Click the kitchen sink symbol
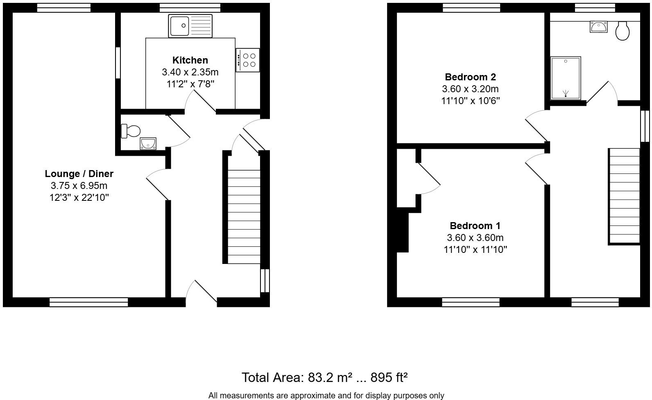tap(190, 26)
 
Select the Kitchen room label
tap(190, 60)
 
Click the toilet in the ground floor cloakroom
tap(131, 131)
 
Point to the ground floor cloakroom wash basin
tap(148, 143)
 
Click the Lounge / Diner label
tap(79, 174)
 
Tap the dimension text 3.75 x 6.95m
tap(79, 186)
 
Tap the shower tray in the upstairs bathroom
tap(566, 78)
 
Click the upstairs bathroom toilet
tap(622, 31)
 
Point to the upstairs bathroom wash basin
tap(598, 27)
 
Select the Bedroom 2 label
tap(470, 77)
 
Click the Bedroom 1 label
tap(475, 226)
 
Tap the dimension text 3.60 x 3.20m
tap(470, 89)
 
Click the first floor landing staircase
tap(624, 196)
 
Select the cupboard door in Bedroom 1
tap(428, 179)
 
